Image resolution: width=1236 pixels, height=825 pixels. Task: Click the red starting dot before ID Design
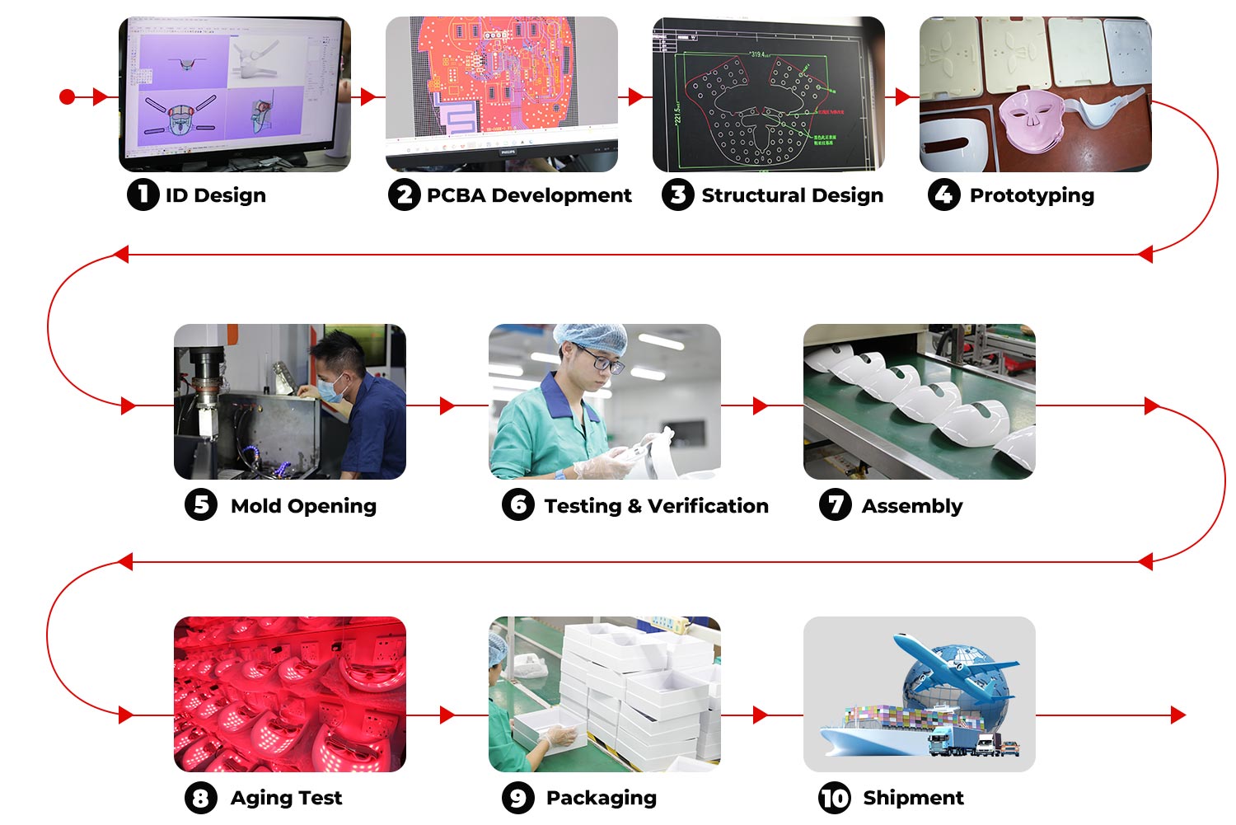68,97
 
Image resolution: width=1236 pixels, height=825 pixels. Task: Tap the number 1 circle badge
143,195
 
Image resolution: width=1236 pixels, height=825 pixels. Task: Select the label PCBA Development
528,195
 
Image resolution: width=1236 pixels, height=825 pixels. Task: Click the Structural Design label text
792,195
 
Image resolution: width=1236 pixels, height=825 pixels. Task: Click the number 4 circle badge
943,195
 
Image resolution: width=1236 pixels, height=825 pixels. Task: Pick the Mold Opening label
303,505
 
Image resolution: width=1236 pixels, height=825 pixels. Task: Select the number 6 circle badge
518,504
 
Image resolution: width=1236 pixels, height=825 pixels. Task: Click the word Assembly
911,505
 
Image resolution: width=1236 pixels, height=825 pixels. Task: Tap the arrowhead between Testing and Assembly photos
760,405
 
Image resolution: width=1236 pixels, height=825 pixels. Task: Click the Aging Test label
286,798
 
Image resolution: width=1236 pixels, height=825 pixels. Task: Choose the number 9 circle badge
518,798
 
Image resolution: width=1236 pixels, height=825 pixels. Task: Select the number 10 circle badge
835,798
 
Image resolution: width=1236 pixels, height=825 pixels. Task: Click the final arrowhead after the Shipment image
1178,715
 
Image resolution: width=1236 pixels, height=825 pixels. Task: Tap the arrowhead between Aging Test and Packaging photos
447,715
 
